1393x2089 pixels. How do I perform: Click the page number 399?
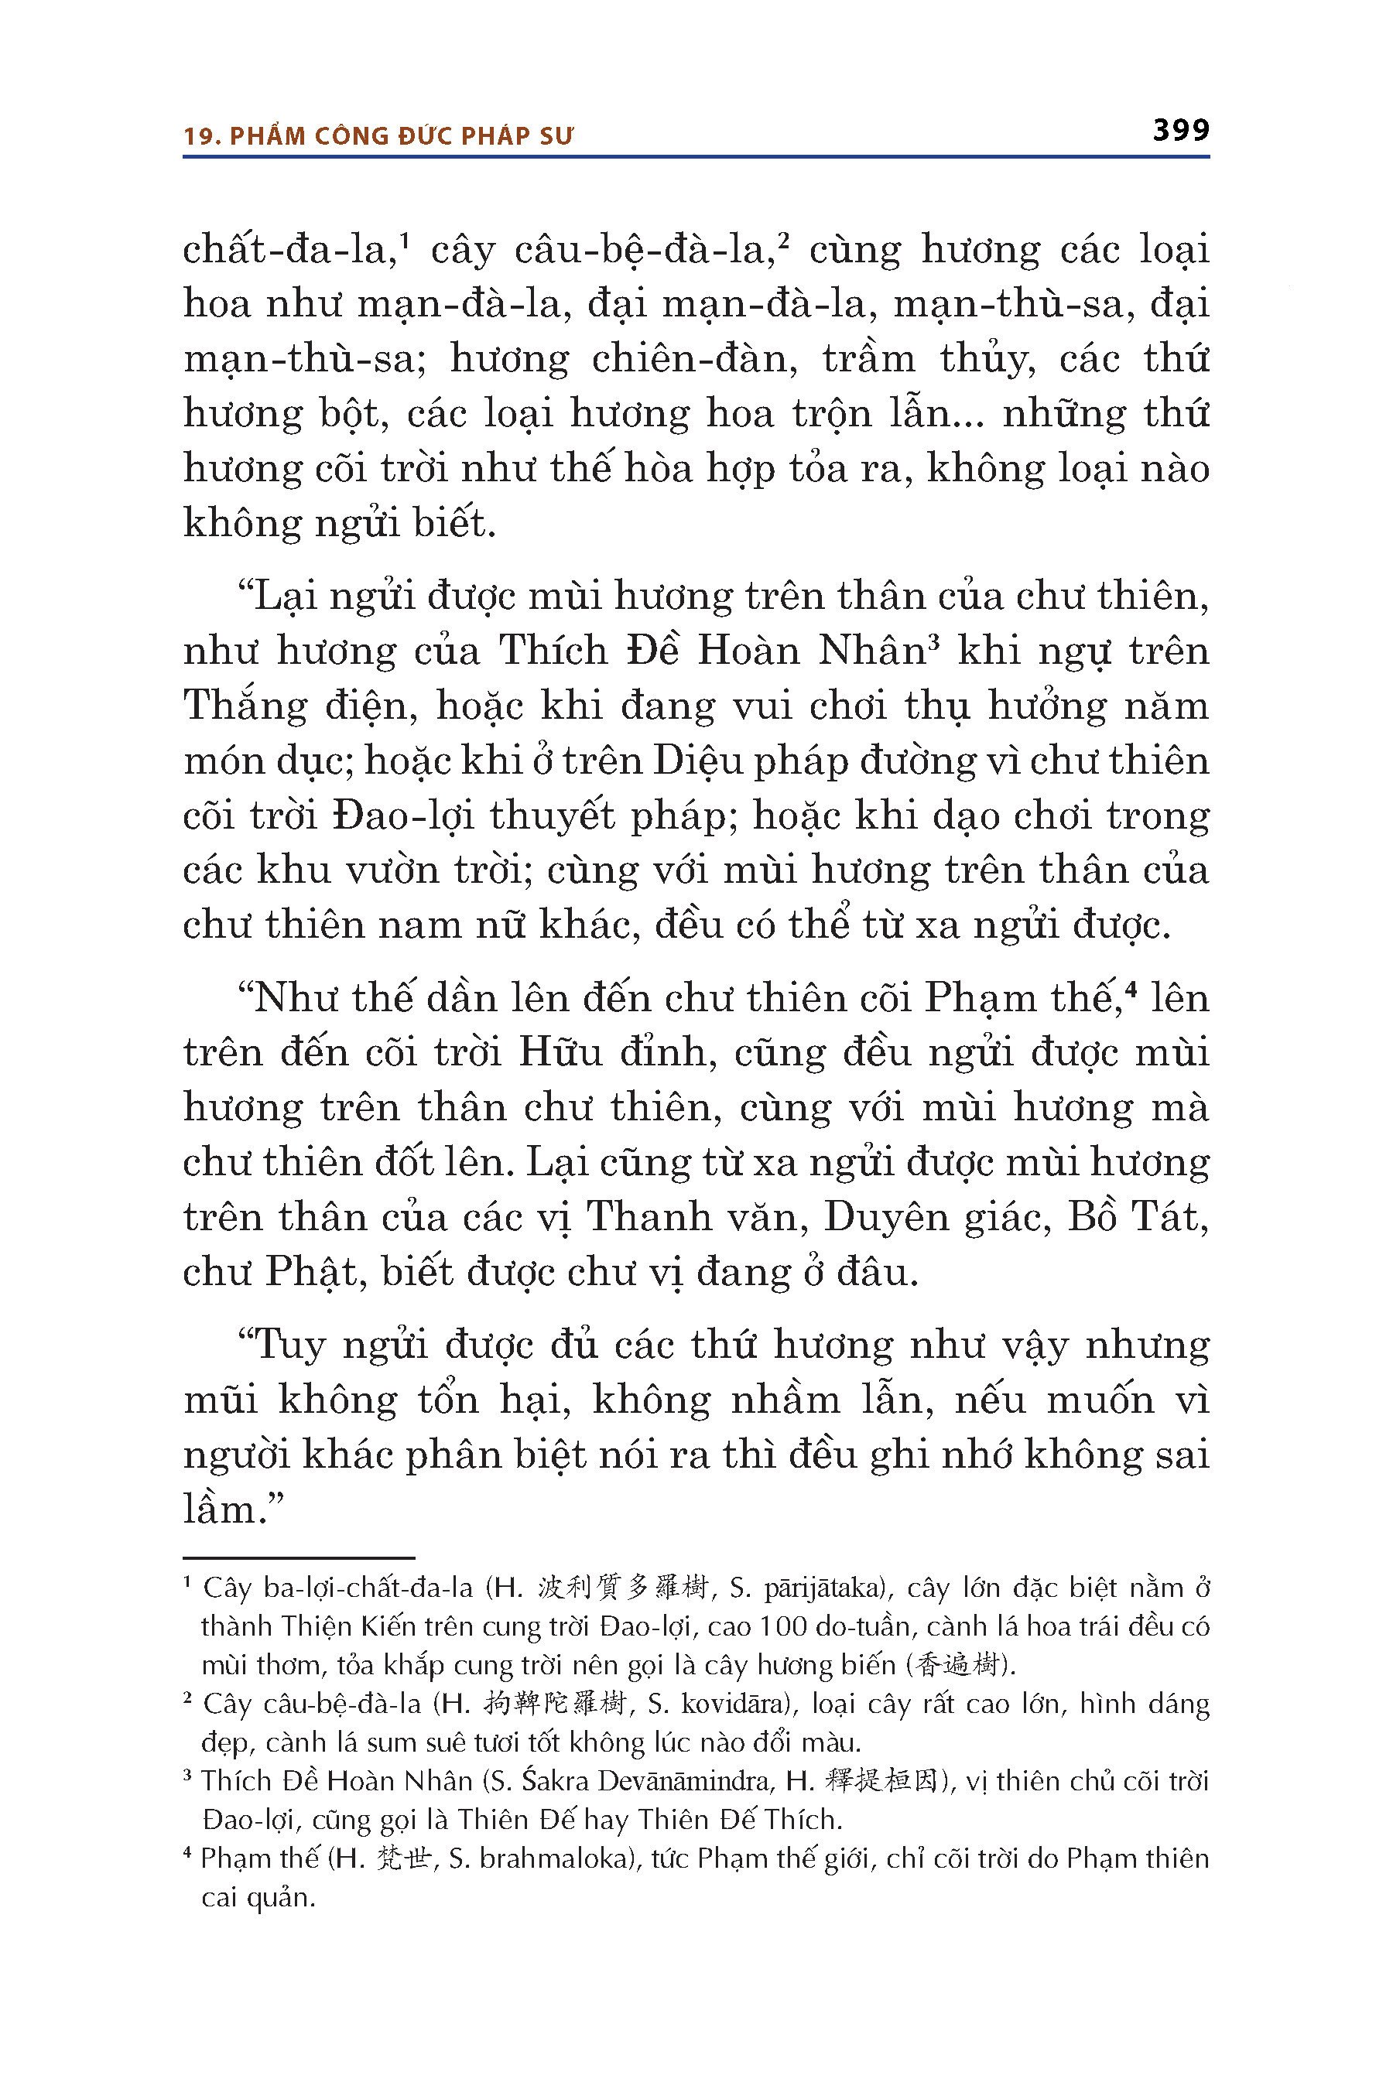tap(1181, 131)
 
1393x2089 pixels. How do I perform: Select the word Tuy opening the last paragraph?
tap(289, 1346)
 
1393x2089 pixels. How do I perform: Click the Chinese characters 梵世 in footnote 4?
tap(403, 1858)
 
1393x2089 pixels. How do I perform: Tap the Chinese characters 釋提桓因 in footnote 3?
tap(881, 1781)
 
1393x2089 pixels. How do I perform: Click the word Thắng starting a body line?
tap(245, 707)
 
